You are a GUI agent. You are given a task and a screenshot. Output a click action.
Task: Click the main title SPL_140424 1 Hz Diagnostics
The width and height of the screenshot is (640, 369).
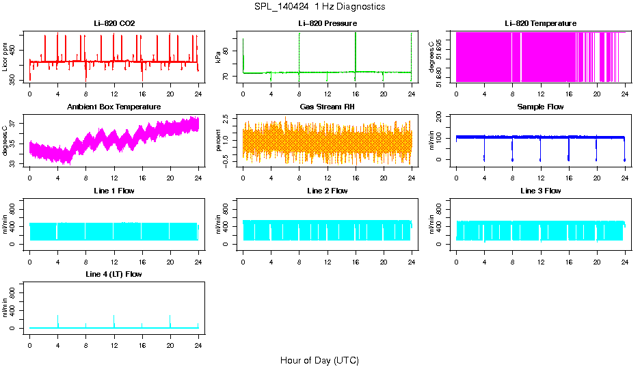[319, 7]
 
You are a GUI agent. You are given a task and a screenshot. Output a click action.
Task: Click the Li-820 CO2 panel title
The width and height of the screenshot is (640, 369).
[114, 24]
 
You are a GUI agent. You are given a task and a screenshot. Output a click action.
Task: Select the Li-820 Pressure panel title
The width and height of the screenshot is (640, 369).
[328, 24]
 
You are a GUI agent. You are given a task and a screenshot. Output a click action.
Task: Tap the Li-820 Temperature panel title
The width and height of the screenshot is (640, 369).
[541, 24]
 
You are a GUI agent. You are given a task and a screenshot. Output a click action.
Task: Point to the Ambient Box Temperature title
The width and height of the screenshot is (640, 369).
[114, 107]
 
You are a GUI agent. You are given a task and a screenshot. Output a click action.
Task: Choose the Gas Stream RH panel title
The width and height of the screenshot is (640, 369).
[328, 107]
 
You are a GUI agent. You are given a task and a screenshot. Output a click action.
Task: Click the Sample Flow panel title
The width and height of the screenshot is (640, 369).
[541, 107]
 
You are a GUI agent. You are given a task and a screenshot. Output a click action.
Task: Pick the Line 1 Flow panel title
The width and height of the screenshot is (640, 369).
[114, 191]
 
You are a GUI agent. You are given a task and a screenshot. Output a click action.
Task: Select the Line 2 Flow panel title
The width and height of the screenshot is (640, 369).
[328, 191]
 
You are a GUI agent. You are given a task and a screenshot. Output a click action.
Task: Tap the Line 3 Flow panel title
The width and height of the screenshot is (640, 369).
[541, 191]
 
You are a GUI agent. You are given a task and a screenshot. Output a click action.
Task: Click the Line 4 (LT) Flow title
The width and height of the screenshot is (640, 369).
[114, 274]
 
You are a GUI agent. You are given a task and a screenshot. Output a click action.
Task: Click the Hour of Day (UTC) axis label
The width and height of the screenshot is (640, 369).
[319, 360]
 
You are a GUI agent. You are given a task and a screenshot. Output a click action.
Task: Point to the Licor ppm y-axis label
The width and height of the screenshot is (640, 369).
[5, 57]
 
